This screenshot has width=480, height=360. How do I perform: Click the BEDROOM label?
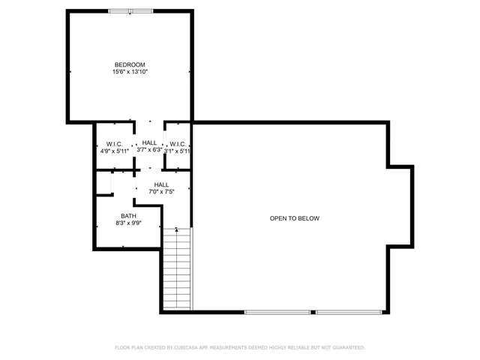click(130, 64)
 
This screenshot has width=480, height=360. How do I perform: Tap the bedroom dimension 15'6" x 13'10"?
click(130, 72)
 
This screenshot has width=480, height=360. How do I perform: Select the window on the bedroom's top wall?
click(130, 11)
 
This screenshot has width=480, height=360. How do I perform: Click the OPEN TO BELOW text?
click(295, 218)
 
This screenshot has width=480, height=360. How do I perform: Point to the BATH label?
click(128, 216)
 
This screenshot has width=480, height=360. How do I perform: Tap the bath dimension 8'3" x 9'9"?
click(128, 223)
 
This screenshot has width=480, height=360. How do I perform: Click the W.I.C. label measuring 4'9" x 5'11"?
click(115, 143)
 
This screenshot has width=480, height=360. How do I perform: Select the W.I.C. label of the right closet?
click(178, 143)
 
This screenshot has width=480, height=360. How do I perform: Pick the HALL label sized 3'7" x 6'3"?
click(150, 142)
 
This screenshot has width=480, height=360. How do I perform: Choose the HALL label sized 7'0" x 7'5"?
click(161, 184)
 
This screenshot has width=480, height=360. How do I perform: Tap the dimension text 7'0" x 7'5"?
click(161, 192)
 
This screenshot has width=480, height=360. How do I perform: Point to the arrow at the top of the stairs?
click(177, 229)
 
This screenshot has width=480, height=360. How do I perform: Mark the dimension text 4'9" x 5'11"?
click(115, 151)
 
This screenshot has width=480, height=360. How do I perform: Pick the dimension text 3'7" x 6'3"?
click(150, 150)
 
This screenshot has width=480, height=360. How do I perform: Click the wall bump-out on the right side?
click(400, 205)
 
